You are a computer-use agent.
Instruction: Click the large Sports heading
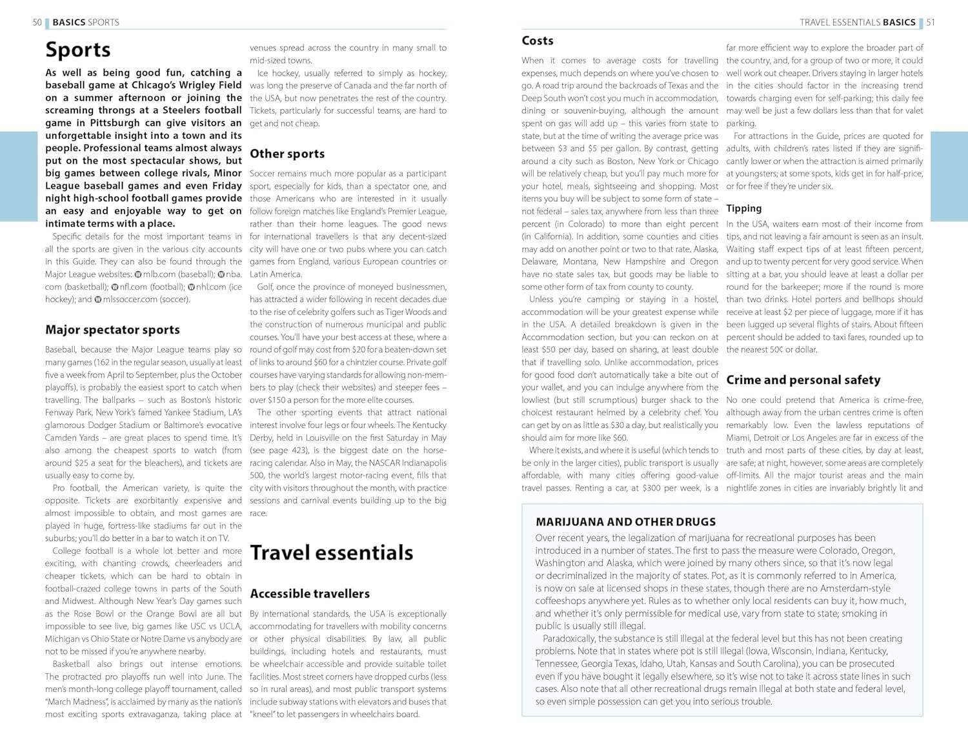(x=78, y=50)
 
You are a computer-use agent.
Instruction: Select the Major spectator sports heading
(x=112, y=330)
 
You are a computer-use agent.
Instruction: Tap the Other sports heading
(x=287, y=154)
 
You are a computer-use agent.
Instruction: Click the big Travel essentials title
(x=331, y=553)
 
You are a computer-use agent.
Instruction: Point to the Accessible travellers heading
(x=310, y=594)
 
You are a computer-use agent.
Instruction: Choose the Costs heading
(x=538, y=41)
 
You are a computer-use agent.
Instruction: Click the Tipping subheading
(x=743, y=209)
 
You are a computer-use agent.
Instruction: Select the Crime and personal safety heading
(x=803, y=380)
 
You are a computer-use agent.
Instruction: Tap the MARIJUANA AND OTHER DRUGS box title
(x=625, y=522)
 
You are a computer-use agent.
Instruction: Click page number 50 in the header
(x=37, y=23)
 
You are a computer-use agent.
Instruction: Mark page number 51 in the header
(x=931, y=23)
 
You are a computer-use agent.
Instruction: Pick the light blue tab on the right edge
(x=949, y=176)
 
